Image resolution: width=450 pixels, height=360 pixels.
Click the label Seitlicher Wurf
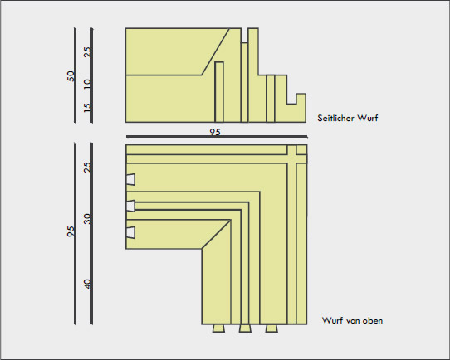pyautogui.click(x=348, y=118)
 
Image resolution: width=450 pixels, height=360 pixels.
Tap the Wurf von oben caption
pyautogui.click(x=352, y=320)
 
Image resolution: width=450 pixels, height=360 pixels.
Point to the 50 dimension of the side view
pyautogui.click(x=71, y=76)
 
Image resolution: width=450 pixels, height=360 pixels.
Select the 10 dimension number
pyautogui.click(x=87, y=84)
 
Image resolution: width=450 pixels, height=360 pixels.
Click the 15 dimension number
pyautogui.click(x=87, y=108)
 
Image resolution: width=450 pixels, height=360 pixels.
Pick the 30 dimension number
pyautogui.click(x=87, y=219)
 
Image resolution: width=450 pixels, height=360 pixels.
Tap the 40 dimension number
pyautogui.click(x=87, y=285)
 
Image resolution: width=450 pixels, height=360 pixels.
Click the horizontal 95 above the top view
pyautogui.click(x=215, y=132)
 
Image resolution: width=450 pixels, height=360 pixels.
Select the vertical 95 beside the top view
pyautogui.click(x=71, y=231)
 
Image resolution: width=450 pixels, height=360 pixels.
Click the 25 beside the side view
pyautogui.click(x=87, y=52)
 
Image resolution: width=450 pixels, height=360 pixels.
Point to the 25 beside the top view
pyautogui.click(x=87, y=167)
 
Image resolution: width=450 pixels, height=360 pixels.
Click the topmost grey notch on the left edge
pyautogui.click(x=130, y=179)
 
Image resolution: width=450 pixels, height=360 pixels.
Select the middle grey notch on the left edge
pyautogui.click(x=130, y=206)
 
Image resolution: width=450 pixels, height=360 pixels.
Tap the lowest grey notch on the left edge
pyautogui.click(x=130, y=232)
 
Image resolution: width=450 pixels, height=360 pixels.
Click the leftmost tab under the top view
pyautogui.click(x=218, y=328)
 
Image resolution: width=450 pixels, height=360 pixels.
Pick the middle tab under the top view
pyautogui.click(x=245, y=328)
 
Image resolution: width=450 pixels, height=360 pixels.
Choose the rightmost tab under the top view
pyautogui.click(x=271, y=328)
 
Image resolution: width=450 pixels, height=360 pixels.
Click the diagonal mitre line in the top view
pyautogui.click(x=217, y=235)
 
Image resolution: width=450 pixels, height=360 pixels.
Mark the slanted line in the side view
pyautogui.click(x=215, y=51)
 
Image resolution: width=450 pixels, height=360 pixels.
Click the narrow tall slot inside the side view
pyautogui.click(x=219, y=92)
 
